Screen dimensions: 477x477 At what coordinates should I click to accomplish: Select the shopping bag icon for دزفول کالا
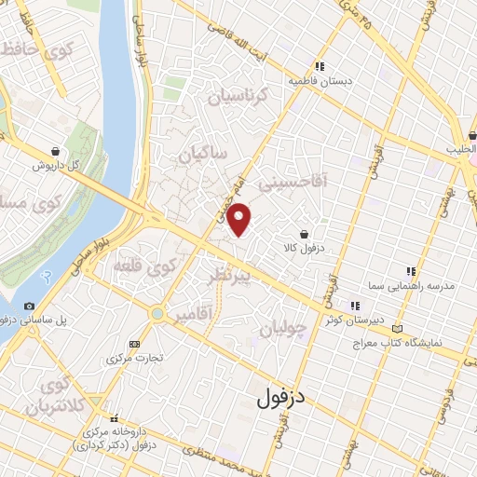pyautogui.click(x=305, y=234)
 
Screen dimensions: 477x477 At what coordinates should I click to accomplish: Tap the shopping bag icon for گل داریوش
pyautogui.click(x=58, y=150)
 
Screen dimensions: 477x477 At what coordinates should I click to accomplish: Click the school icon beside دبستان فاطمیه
pyautogui.click(x=320, y=66)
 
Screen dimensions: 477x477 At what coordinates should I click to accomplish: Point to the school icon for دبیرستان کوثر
pyautogui.click(x=354, y=305)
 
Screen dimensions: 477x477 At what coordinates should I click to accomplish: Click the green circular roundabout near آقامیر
pyautogui.click(x=158, y=313)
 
